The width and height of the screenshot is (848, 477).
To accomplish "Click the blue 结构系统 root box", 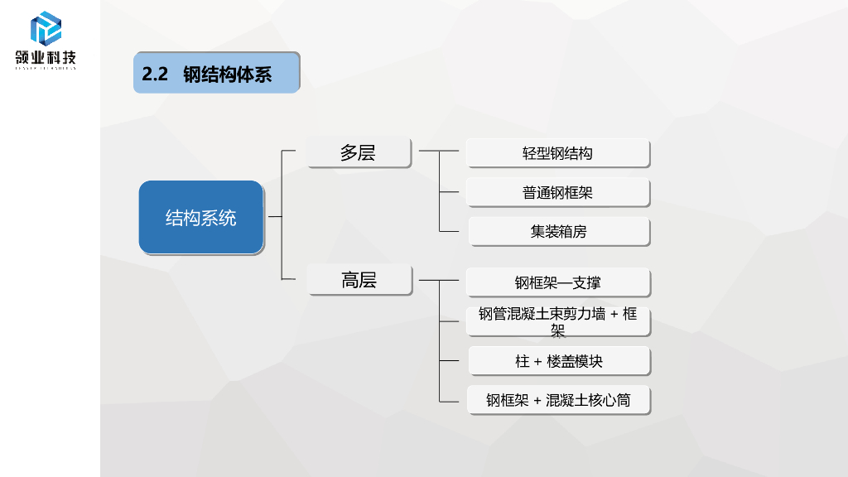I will point(201,218).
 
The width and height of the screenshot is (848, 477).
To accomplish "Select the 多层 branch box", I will point(359,152).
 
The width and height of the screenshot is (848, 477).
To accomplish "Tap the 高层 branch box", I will point(359,280).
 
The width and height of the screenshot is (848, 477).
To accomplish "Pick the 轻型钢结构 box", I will point(557,153).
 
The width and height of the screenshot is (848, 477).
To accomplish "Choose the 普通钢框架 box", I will point(557,193).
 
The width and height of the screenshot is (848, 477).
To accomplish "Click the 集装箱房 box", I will point(558,232).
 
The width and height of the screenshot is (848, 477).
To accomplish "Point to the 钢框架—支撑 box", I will point(557,282).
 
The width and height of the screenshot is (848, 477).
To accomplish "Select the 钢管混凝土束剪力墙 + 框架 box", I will point(557,321).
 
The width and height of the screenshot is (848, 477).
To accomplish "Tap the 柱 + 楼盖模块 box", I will point(558,361).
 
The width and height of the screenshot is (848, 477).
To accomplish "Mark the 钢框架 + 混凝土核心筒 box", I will point(557,400).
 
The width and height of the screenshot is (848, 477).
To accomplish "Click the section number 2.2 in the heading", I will point(155,74).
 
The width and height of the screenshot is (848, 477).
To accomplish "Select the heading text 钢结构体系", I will point(227,74).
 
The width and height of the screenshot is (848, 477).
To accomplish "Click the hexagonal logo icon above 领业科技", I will point(46,29).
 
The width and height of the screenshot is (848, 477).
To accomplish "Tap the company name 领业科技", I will point(46,58).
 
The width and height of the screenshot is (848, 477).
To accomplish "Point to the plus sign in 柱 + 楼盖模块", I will point(537,362).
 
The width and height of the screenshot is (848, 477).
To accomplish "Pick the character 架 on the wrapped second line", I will point(558,330).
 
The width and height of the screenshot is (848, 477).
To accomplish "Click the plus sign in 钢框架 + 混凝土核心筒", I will point(537,401).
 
